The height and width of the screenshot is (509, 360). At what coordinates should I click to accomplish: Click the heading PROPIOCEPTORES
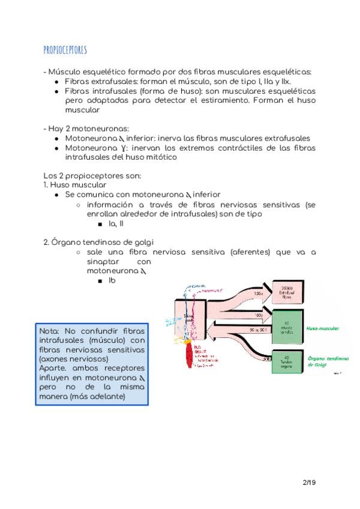(x=65, y=49)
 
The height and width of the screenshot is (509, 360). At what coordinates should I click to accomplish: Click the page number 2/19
(x=310, y=481)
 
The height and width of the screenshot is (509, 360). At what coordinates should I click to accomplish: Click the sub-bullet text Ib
(x=112, y=281)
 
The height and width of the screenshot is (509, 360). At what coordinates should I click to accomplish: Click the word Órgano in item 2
(x=65, y=242)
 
